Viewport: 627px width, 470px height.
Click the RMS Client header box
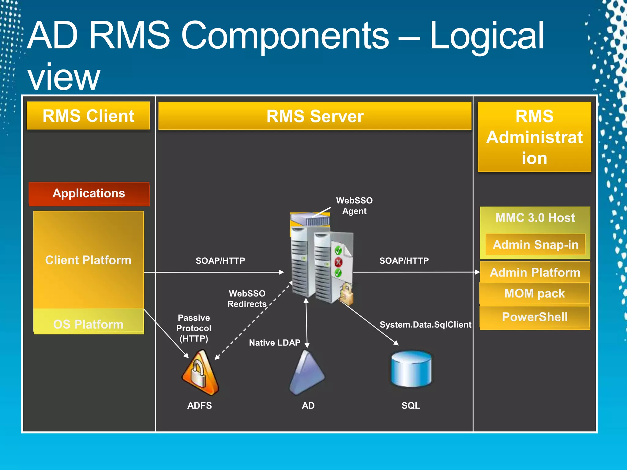click(x=88, y=116)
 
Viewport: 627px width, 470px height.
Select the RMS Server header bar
click(x=315, y=116)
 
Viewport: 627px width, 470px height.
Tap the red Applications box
click(x=89, y=193)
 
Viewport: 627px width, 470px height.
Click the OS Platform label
click(x=88, y=324)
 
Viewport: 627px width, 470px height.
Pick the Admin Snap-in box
click(x=535, y=244)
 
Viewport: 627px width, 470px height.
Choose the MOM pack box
click(x=535, y=293)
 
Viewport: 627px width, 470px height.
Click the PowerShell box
click(x=535, y=317)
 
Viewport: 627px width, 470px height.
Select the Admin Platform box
click(x=535, y=272)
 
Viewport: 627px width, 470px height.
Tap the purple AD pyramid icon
click(x=306, y=373)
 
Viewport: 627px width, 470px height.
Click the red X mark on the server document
click(x=338, y=262)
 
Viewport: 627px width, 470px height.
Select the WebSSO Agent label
click(x=354, y=206)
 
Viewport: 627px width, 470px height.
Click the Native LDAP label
click(x=275, y=343)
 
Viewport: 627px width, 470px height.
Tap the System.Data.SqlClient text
click(x=425, y=325)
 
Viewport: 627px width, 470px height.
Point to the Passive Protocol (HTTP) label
click(x=194, y=328)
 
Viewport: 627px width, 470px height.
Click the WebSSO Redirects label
click(x=247, y=299)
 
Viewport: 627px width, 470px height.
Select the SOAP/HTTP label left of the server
click(x=220, y=261)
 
